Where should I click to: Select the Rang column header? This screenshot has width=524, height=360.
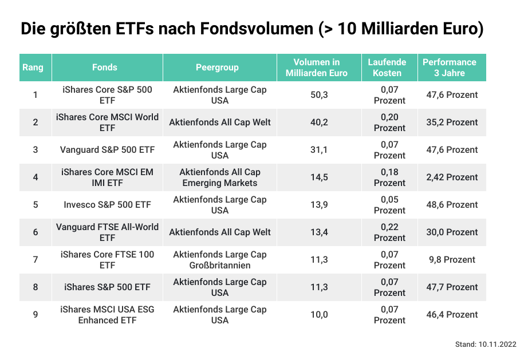point(33,68)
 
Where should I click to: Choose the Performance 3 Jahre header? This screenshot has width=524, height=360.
point(449,68)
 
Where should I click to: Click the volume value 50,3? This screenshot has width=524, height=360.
point(319,95)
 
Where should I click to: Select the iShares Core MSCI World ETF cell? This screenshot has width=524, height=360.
point(107,122)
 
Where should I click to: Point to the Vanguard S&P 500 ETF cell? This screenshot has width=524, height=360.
point(107,150)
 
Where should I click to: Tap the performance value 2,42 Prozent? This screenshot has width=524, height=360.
point(452,177)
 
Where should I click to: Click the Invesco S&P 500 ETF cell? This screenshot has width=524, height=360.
point(107,205)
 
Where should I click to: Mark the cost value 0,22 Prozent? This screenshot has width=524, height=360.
point(389,232)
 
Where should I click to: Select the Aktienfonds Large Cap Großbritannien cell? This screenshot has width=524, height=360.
point(219,260)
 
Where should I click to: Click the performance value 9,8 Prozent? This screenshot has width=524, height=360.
point(451,260)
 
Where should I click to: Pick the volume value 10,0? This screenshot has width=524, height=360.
point(319,315)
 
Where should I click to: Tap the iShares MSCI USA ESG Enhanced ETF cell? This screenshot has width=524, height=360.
point(107,315)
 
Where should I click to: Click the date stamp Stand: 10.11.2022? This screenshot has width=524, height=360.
point(486,345)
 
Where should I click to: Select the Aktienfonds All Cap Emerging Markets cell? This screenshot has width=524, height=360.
point(219,177)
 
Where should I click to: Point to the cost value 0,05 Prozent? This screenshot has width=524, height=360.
point(389,205)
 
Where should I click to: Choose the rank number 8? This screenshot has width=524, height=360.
point(36,287)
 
